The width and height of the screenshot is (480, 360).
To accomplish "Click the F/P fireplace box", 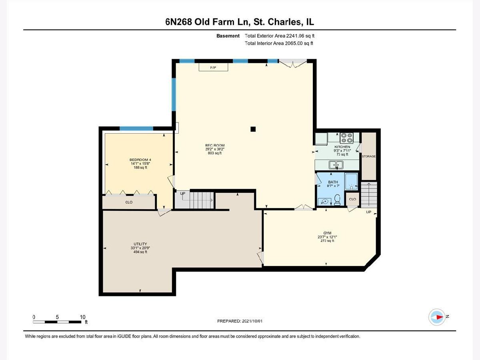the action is click(213, 67).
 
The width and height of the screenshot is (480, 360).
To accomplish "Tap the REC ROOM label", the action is click(215, 145).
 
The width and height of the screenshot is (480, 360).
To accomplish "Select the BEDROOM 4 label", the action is click(140, 160).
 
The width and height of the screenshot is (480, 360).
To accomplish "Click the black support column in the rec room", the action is click(253, 129).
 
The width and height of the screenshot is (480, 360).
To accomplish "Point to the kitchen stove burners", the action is click(346, 138).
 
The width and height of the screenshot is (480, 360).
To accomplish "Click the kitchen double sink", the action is click(336, 164).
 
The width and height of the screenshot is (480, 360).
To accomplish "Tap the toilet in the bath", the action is click(337, 200).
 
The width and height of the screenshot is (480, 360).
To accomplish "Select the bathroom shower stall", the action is click(351, 182).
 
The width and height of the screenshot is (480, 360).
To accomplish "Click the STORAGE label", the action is click(369, 156).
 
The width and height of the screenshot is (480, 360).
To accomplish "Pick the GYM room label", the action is click(327, 233).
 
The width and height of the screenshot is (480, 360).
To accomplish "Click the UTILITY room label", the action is click(140, 244).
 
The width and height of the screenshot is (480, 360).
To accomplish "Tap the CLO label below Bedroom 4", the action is click(129, 202).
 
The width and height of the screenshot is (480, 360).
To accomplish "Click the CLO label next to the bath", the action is click(352, 199).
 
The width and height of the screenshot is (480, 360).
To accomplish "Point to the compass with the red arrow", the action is click(437, 317).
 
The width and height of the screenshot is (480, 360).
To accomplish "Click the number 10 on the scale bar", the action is click(82, 317).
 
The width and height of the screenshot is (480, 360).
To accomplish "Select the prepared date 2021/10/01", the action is click(252, 321).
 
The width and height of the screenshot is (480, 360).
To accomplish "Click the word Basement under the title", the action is click(228, 36).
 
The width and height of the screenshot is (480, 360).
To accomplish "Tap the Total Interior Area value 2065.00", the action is click(294, 43).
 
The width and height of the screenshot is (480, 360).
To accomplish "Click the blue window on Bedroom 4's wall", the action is click(136, 128).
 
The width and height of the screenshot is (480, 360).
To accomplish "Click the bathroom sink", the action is click(324, 202).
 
